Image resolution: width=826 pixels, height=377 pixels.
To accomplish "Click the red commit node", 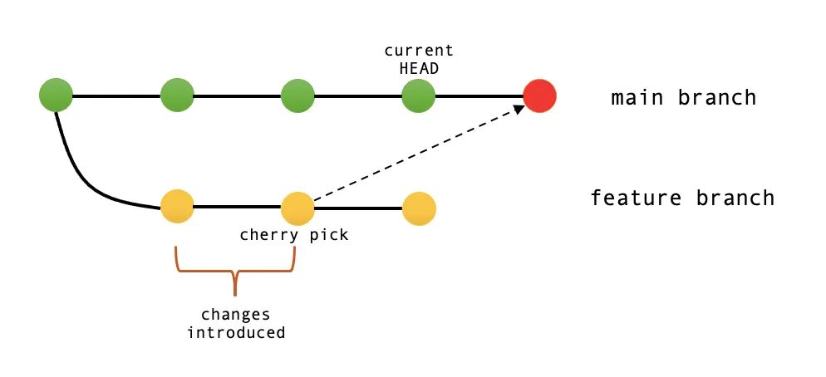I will click(539, 96).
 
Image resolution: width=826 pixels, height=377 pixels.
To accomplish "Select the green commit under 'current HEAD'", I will click(419, 96).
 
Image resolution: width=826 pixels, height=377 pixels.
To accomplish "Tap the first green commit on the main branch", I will click(56, 95).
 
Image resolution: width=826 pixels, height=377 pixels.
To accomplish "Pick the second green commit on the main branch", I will click(177, 96).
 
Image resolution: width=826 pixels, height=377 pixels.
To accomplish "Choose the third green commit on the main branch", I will click(297, 96).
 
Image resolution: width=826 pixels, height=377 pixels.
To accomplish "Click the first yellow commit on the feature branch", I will click(177, 207).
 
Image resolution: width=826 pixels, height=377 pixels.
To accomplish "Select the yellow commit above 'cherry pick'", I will click(297, 208).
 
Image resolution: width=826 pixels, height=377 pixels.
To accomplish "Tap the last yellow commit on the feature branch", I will click(419, 208).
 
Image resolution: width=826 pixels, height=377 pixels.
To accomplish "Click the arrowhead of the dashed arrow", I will click(517, 109).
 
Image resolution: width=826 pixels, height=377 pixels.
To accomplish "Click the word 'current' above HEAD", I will click(419, 51).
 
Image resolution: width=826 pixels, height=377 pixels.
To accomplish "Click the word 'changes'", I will click(236, 316).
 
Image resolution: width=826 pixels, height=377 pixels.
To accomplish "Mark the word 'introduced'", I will click(236, 333).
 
